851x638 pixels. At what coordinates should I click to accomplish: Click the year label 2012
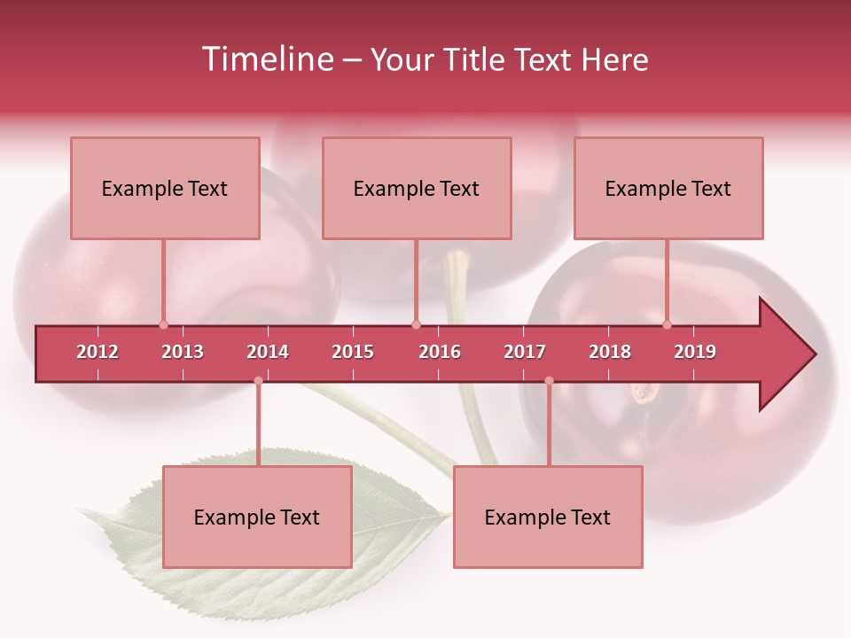tap(98, 352)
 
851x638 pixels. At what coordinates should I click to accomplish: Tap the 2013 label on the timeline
tap(183, 352)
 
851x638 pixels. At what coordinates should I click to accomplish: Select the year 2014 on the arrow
tap(268, 352)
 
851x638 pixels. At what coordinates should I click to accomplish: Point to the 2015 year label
tap(353, 352)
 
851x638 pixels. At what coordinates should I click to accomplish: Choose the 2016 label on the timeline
tap(440, 352)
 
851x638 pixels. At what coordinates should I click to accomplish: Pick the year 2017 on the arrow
tap(525, 352)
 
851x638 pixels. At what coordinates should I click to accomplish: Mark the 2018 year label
tap(610, 352)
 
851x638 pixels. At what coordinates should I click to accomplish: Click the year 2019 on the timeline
tap(695, 352)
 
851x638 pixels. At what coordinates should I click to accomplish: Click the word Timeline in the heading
tap(266, 59)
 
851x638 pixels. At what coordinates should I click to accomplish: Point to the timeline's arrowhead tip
tap(814, 354)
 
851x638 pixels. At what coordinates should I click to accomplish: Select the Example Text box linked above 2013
tap(165, 188)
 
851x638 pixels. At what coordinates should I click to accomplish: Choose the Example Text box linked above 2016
tap(417, 188)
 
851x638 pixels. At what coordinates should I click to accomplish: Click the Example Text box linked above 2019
tap(668, 188)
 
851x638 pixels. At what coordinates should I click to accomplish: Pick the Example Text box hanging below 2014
tap(257, 517)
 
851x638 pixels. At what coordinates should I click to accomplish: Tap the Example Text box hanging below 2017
tap(548, 517)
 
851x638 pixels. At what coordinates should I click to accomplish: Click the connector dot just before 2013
tap(163, 324)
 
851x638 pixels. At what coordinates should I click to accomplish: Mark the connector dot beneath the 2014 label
tap(258, 381)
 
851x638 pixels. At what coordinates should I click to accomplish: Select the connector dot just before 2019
tap(667, 324)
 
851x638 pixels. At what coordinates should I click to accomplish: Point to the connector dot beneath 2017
tap(549, 381)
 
